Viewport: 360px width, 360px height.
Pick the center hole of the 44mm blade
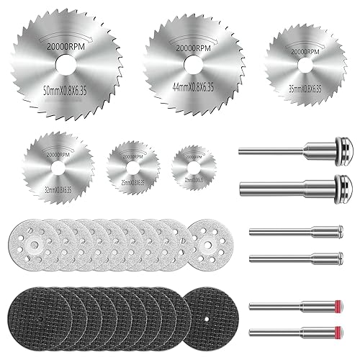192,63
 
